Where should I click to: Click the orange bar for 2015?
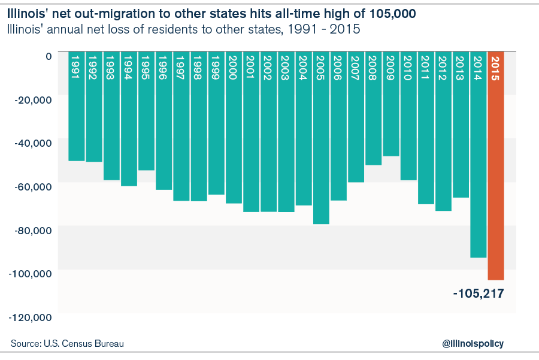[496, 180]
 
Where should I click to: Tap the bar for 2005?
[321, 150]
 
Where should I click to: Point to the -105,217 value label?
[479, 294]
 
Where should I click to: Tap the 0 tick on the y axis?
[49, 55]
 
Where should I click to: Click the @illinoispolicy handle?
[473, 343]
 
